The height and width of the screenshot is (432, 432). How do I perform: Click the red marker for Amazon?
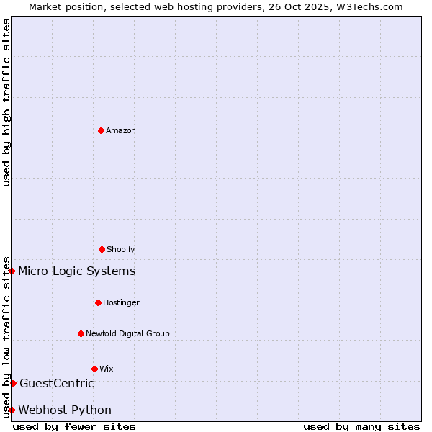tap(101, 130)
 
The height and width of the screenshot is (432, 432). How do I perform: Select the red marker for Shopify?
tap(102, 249)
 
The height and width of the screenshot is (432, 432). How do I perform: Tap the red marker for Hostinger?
tap(98, 302)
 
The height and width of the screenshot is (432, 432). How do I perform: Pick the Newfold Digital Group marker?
tap(81, 333)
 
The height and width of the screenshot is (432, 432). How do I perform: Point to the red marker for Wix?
tap(94, 369)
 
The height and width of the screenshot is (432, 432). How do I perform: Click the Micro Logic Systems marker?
tap(12, 271)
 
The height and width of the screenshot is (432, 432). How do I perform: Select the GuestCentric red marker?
tap(13, 383)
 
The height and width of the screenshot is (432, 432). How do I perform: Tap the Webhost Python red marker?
tap(12, 410)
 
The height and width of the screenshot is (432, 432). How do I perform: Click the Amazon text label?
tap(121, 130)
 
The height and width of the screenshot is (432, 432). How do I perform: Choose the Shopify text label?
tap(121, 249)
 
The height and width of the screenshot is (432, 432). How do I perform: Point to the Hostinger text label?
tap(121, 302)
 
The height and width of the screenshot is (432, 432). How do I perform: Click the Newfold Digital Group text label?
tap(127, 333)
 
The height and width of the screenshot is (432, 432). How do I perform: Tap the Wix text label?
tap(107, 369)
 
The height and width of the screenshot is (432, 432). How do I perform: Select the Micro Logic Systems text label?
tap(76, 271)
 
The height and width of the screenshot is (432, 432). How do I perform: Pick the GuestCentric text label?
tap(57, 383)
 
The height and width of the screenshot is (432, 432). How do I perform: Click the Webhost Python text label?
tap(65, 410)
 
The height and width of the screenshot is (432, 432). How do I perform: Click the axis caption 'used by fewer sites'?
tap(74, 426)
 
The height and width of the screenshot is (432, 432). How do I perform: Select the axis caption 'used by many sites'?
tap(361, 426)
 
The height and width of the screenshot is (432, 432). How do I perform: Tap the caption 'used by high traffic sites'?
tap(6, 102)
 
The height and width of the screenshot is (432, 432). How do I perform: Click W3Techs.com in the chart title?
tap(367, 6)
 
